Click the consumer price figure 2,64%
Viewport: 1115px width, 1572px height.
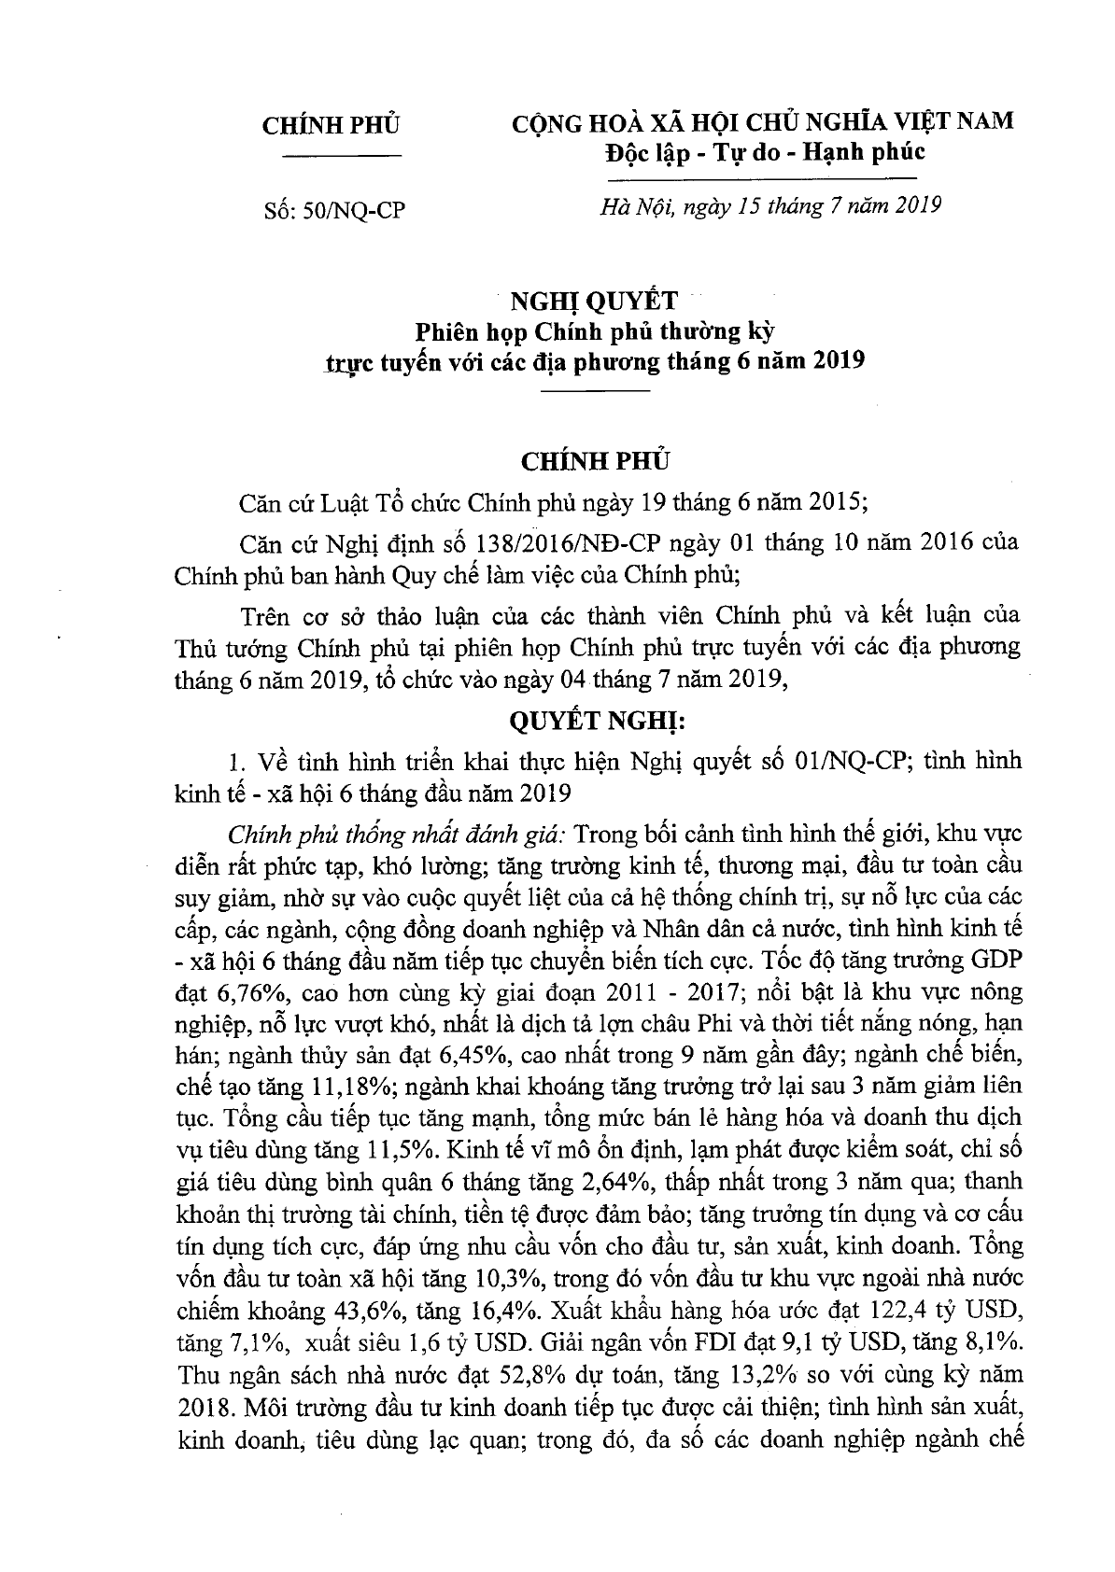click(620, 1182)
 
